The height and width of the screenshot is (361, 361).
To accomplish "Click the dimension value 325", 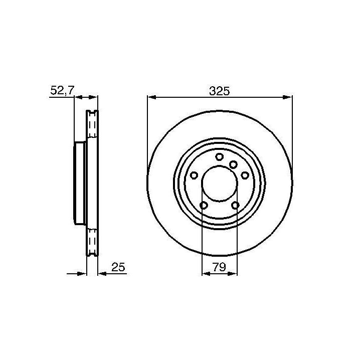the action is [220, 91].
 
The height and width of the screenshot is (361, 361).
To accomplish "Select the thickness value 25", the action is [118, 267].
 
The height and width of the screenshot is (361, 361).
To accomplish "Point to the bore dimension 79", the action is [219, 267].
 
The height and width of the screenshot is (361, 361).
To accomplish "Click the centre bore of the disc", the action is [220, 184].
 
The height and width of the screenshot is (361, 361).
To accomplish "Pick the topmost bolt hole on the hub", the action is [220, 157].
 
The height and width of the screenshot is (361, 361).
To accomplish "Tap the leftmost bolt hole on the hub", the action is [194, 175].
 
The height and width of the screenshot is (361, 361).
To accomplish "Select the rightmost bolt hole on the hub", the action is [245, 175].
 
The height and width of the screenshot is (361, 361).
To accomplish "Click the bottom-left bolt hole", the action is [204, 205].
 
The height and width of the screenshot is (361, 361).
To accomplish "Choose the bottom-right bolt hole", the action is [235, 205].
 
